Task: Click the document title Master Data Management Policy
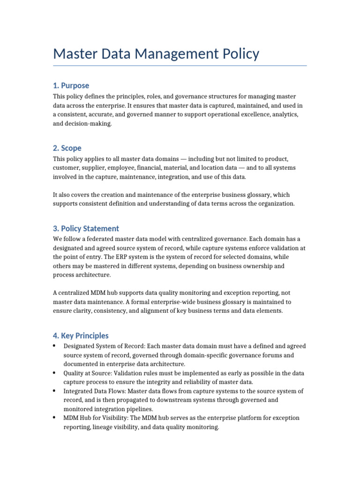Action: point(156,53)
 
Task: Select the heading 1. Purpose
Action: point(71,85)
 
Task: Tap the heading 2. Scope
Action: point(67,148)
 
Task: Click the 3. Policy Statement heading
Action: point(86,228)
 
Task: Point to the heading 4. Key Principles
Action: point(81,336)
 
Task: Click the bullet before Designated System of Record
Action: point(55,346)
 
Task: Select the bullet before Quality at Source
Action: point(55,373)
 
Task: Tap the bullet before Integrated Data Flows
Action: point(55,391)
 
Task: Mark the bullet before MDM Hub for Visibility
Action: point(55,418)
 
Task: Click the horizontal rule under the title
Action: point(180,66)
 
